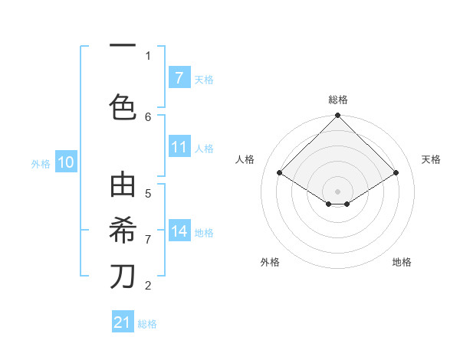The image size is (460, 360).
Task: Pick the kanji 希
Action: tap(123, 230)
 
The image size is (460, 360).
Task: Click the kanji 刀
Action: tap(123, 276)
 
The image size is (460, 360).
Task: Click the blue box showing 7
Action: tap(179, 78)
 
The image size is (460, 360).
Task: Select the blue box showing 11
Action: tap(179, 147)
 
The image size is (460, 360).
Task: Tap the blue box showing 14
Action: tap(179, 231)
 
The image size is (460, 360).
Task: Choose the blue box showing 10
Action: tap(66, 162)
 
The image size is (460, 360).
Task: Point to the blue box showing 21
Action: tap(123, 322)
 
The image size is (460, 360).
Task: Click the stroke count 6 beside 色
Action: tap(148, 116)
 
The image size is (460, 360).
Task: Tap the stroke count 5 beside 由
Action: tap(148, 193)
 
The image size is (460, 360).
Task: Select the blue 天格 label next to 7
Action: tap(204, 79)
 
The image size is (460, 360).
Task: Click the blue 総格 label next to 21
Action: tap(147, 324)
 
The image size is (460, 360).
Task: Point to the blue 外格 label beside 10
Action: tap(40, 163)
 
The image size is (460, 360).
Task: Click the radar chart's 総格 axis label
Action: tap(338, 100)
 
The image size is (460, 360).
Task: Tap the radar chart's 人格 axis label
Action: tap(245, 159)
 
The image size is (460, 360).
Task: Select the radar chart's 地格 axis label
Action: tap(402, 262)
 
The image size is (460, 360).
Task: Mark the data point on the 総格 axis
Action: tap(338, 116)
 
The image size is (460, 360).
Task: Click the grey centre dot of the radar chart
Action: tap(338, 191)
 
